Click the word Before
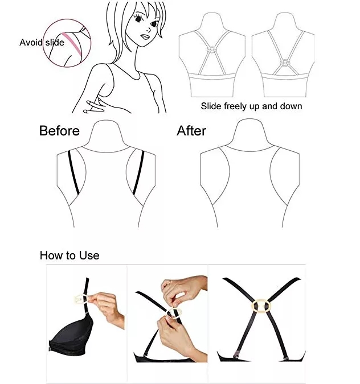click(x=59, y=131)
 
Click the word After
click(x=191, y=131)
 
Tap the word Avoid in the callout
click(x=31, y=42)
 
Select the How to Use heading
click(x=69, y=255)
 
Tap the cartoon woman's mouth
click(x=145, y=37)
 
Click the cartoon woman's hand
click(x=95, y=106)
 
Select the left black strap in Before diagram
click(x=73, y=172)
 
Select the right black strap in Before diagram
click(x=138, y=172)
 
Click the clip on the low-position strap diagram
click(x=285, y=63)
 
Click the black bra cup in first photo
click(x=72, y=336)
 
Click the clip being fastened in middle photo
click(x=174, y=313)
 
